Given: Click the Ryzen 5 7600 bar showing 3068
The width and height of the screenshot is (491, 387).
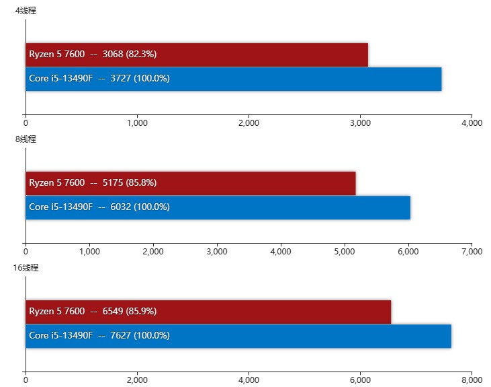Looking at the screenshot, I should (197, 55).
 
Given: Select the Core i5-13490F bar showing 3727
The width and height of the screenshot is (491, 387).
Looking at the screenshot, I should (233, 79).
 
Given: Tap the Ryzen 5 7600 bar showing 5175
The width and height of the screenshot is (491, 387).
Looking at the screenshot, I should (190, 183).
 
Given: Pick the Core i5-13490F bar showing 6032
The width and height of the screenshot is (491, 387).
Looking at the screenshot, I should (218, 207).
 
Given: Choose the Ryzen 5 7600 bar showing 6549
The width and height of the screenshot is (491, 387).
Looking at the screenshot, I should (208, 312).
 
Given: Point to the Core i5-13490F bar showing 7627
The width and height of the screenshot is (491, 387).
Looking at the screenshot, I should (238, 336).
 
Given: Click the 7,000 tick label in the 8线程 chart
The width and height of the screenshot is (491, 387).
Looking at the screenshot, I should (472, 252).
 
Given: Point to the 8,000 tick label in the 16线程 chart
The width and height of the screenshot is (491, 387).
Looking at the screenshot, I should (472, 380).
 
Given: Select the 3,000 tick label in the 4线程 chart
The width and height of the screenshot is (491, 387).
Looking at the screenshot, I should (360, 123).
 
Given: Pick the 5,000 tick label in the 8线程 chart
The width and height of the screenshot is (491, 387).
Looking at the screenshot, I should (344, 252).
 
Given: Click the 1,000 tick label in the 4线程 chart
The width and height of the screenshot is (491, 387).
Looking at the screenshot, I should (137, 123).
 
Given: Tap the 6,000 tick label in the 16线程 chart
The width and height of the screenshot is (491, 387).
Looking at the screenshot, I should (360, 380).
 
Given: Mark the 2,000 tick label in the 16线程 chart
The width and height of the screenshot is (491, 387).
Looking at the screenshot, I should (137, 380).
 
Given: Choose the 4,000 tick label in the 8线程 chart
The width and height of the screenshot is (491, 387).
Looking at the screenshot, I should (280, 252).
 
